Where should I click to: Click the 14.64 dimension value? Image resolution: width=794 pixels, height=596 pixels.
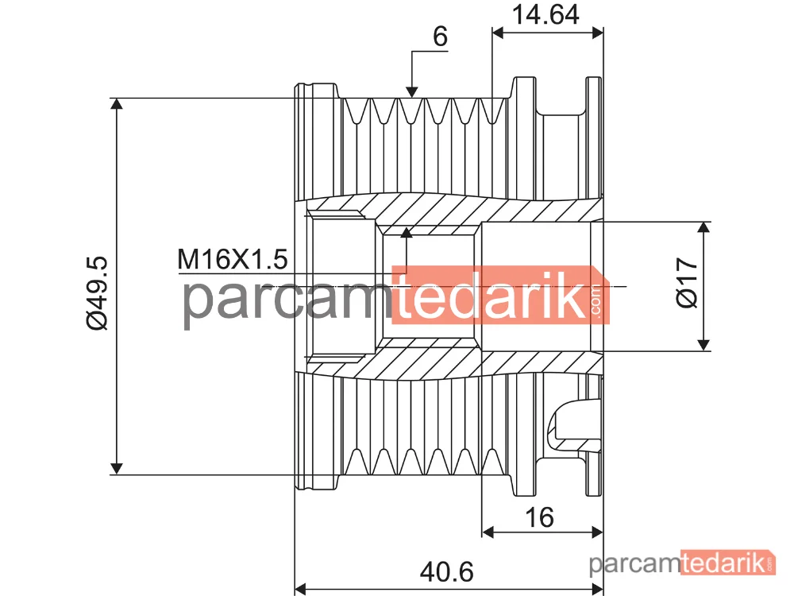(x=545, y=14)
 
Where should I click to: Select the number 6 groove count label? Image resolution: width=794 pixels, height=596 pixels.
(x=440, y=37)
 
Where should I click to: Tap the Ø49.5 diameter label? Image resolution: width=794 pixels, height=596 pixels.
(x=97, y=293)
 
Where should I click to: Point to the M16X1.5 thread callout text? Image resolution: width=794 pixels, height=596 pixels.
(x=233, y=259)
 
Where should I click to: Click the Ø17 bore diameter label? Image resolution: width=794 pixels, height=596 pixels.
(x=687, y=282)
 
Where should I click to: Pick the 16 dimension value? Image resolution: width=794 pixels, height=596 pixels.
(x=539, y=517)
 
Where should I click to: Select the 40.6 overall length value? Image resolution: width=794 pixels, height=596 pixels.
(x=446, y=571)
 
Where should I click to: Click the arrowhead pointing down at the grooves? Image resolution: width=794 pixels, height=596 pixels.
(x=411, y=91)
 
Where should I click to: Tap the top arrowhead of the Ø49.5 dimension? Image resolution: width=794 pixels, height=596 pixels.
(x=117, y=104)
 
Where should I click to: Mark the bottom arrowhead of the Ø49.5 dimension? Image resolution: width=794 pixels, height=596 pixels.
(x=117, y=469)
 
